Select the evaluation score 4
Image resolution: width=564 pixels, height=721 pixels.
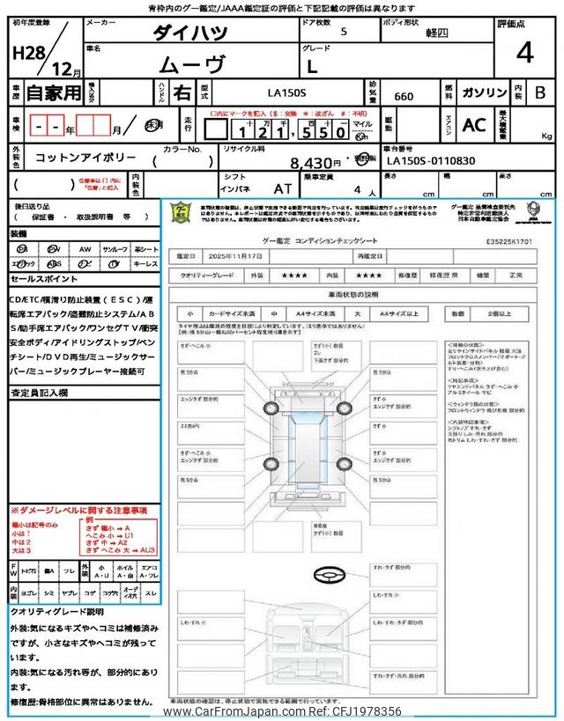(x=525, y=53)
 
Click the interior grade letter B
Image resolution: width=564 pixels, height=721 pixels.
(x=541, y=92)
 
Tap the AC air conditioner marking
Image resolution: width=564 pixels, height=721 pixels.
(x=474, y=126)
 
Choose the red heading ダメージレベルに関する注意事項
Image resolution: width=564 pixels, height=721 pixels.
(x=84, y=511)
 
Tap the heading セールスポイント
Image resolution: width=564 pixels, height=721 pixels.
(x=43, y=279)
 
